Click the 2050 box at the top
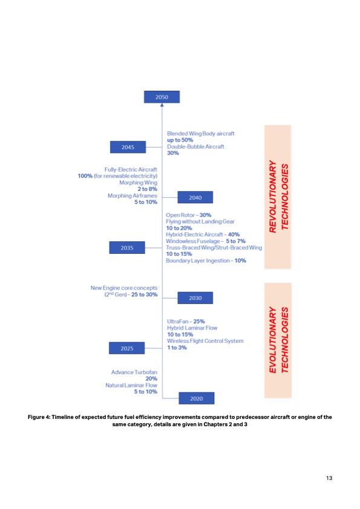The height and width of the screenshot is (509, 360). (x=162, y=97)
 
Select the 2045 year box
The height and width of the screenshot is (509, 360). (x=128, y=147)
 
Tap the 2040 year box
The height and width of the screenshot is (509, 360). (x=195, y=198)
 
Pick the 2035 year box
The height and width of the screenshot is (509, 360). (x=128, y=247)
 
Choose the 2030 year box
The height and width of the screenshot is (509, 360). (x=195, y=297)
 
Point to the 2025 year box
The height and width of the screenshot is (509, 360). (x=128, y=348)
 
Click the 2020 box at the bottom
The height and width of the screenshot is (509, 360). (x=196, y=398)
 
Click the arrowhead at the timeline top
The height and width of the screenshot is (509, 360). (x=162, y=106)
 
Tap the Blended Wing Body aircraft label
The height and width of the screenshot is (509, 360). (x=200, y=133)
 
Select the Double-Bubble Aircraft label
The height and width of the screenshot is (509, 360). (x=195, y=146)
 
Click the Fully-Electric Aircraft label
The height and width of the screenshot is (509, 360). (x=131, y=169)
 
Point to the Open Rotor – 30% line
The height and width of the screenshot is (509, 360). (x=189, y=215)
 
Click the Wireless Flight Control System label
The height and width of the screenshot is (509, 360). (x=205, y=341)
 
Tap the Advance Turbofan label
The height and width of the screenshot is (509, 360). (x=134, y=372)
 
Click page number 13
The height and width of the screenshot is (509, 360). (x=329, y=479)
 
